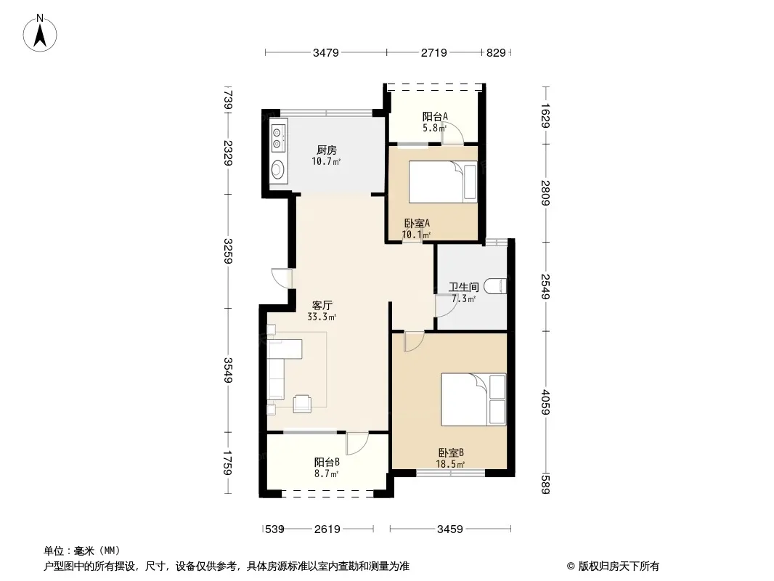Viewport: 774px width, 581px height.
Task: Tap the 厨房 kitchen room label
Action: coord(326,150)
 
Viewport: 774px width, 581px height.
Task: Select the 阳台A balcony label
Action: coord(435,116)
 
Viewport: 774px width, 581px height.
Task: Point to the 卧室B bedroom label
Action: coord(451,452)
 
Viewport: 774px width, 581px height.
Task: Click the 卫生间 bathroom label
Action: coord(463,287)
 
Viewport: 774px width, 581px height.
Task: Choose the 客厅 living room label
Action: coord(322,306)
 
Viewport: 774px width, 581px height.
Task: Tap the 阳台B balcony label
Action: coord(327,462)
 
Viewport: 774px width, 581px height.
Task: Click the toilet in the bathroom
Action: coord(495,286)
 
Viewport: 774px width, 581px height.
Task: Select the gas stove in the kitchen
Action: coord(278,138)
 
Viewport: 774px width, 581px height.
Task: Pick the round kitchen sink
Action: coord(278,169)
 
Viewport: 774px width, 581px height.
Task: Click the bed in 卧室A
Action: coord(443,182)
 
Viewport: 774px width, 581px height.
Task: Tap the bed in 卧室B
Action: coord(473,399)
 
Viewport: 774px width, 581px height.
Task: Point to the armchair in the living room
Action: coord(302,403)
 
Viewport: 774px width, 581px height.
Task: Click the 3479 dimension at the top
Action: coord(326,52)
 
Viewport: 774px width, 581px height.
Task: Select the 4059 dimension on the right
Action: coord(545,402)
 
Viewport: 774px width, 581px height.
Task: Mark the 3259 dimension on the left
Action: coord(227,251)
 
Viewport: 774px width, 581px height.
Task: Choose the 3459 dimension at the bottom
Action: coord(450,529)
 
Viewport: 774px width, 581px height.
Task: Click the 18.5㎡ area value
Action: coord(450,464)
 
